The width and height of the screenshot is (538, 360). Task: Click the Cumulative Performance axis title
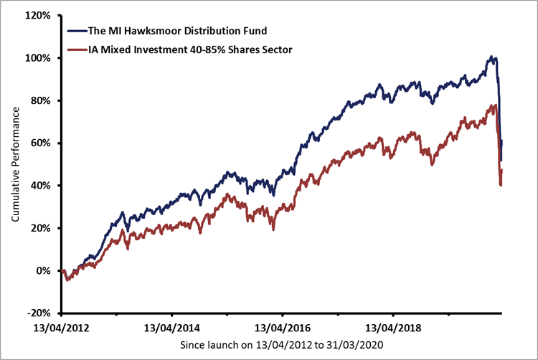click(x=15, y=164)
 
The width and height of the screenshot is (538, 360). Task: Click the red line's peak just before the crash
click(x=495, y=105)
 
